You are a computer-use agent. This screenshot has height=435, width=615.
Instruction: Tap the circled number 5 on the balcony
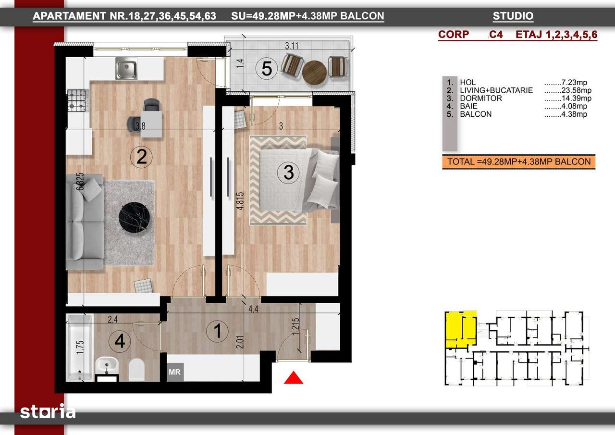266,69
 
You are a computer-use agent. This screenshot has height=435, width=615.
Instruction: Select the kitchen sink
126,69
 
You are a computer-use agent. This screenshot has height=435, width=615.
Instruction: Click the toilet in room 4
137,369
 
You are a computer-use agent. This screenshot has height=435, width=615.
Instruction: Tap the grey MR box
174,372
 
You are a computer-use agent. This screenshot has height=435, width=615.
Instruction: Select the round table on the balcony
314,72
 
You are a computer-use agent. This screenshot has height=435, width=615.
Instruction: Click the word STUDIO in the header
513,16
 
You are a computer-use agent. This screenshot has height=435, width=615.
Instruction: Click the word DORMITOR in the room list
480,99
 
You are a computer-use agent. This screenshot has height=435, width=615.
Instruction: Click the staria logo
48,412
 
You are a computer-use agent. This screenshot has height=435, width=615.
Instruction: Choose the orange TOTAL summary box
518,162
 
